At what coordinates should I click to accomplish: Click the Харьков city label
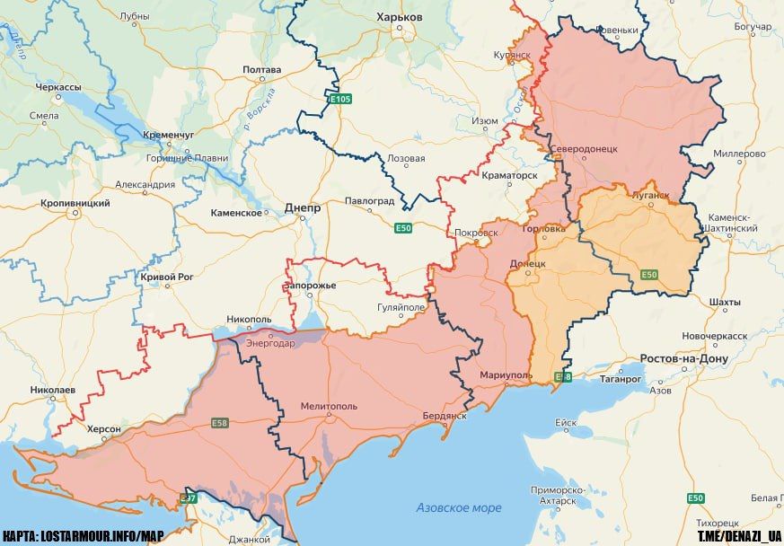[400, 17]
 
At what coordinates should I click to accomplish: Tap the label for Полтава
[261, 70]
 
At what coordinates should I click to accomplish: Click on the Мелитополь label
[329, 406]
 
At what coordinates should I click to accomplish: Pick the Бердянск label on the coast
[445, 416]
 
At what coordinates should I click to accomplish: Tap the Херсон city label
[103, 430]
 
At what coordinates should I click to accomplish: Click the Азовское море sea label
[458, 508]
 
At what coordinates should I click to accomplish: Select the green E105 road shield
[340, 99]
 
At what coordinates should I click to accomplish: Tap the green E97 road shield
[189, 498]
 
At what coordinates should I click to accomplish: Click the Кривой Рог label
[167, 277]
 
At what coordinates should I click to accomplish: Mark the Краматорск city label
[508, 175]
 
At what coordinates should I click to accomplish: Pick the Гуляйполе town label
[401, 307]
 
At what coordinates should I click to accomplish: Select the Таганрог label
[617, 379]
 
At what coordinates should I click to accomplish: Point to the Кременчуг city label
[167, 135]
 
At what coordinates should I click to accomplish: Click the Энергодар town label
[269, 342]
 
